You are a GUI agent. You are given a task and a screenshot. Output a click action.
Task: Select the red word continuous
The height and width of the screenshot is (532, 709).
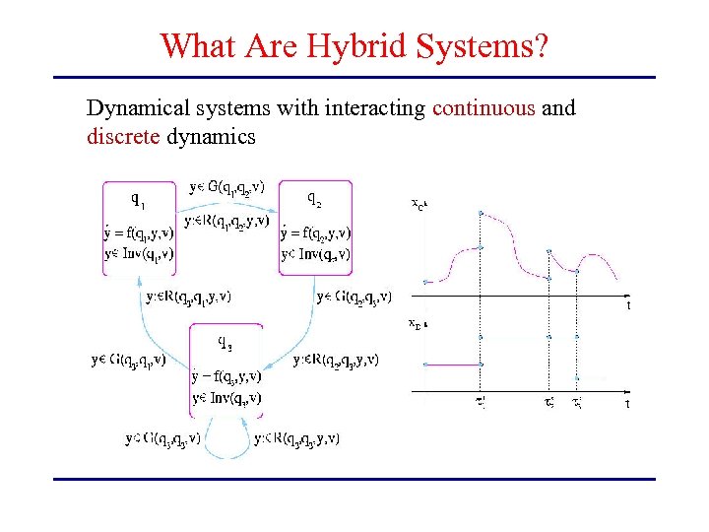[x=484, y=107]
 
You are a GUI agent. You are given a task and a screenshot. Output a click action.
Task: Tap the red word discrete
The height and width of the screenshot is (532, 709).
[x=123, y=136]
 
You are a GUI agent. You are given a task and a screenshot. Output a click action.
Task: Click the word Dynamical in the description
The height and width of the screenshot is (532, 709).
[x=132, y=107]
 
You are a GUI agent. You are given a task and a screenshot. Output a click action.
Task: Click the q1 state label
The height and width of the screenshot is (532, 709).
[x=140, y=200]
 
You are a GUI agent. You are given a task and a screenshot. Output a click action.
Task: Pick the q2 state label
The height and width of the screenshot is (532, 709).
[x=313, y=200]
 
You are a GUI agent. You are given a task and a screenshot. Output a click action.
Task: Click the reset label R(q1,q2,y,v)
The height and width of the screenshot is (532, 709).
[x=226, y=222]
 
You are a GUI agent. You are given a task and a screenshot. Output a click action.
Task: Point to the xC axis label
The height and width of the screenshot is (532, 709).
[x=418, y=205]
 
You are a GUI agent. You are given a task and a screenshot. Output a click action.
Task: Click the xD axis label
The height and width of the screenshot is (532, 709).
[x=418, y=322]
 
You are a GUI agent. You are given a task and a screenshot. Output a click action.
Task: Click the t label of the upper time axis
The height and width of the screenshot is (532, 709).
[x=627, y=306]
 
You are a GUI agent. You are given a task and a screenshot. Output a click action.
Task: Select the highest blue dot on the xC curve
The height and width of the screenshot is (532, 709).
[x=480, y=212]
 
